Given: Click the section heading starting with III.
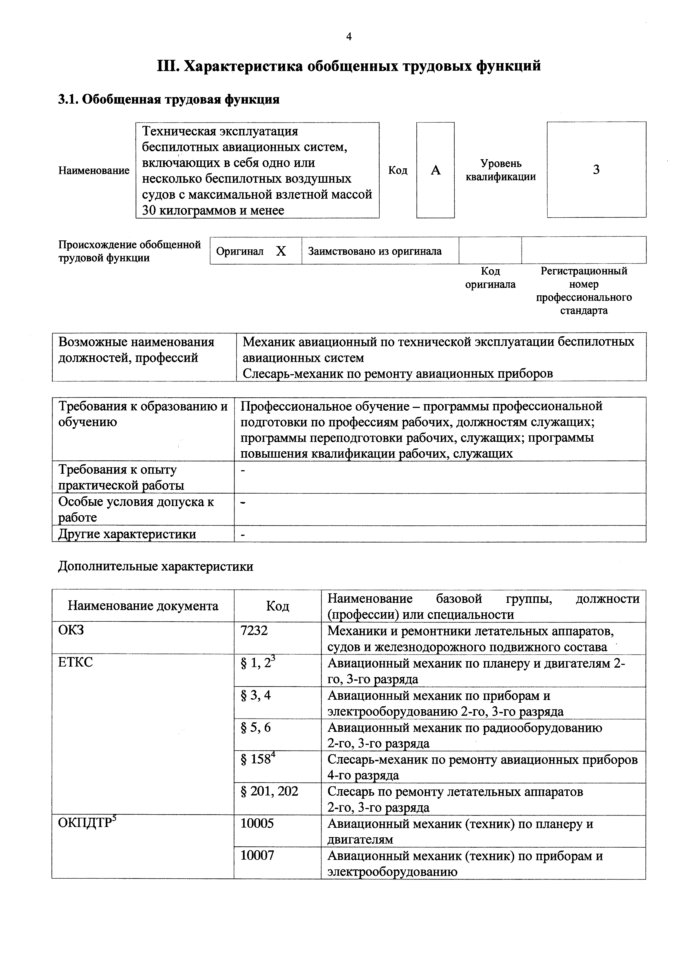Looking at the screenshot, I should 349,66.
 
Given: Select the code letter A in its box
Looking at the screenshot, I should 435,170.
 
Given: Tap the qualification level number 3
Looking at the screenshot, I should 596,169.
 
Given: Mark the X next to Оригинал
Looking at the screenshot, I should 281,251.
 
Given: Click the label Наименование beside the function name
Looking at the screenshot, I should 94,170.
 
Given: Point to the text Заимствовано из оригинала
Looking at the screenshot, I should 375,251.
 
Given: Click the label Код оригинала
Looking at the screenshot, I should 490,278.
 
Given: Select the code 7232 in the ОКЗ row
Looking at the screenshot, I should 254,630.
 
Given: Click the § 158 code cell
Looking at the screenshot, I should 257,759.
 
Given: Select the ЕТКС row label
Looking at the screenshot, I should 76,662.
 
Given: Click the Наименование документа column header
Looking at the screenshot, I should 143,606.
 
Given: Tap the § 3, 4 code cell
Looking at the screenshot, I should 255,695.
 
